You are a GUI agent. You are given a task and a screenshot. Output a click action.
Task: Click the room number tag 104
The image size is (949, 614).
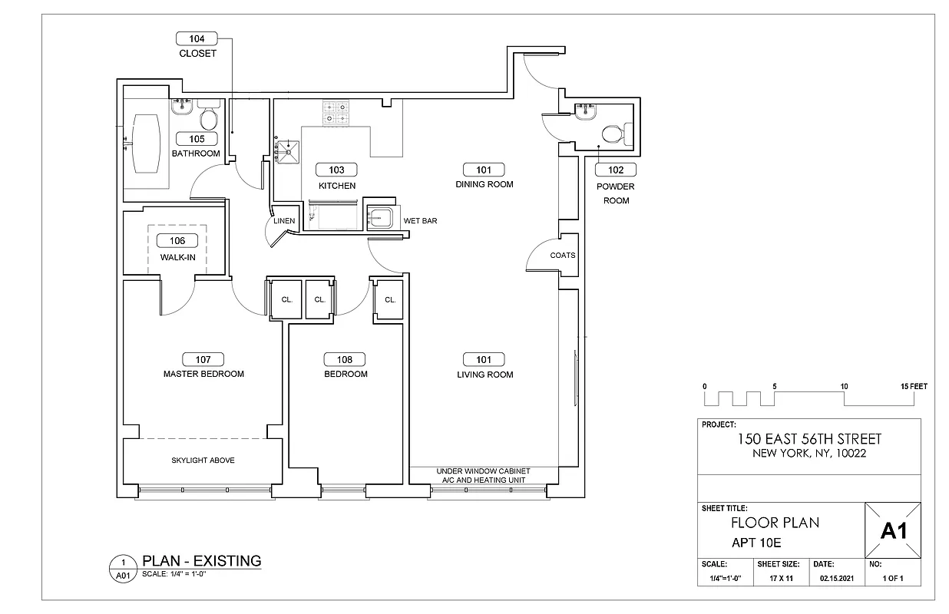(x=197, y=38)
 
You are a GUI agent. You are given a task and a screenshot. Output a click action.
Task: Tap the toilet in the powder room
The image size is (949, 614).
(x=613, y=134)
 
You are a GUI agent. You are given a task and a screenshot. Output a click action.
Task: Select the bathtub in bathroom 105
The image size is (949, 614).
(x=146, y=143)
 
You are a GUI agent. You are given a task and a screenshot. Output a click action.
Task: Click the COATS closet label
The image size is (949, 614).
(x=562, y=256)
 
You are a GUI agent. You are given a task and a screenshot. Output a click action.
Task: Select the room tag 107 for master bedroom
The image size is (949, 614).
(x=203, y=359)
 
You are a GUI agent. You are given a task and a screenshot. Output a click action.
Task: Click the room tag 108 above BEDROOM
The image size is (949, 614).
(x=345, y=359)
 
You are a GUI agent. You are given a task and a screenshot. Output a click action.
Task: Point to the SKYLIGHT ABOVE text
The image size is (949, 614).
(x=203, y=460)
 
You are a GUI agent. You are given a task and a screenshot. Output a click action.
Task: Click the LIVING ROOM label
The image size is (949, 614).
(x=484, y=375)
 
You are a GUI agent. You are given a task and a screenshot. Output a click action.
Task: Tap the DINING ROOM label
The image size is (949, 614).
(x=484, y=184)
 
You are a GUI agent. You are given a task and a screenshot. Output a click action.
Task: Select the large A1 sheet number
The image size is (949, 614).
(x=893, y=530)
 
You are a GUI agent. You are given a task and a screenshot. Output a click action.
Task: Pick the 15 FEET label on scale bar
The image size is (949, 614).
(x=913, y=387)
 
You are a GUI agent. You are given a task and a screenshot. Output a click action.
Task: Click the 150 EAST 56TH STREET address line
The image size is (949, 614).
(x=809, y=439)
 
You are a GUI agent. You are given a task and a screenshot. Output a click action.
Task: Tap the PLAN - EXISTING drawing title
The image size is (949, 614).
(x=202, y=561)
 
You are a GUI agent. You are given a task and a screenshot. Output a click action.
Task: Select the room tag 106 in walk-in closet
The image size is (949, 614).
(x=177, y=241)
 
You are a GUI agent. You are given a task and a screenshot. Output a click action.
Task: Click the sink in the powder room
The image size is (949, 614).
(x=584, y=111)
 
